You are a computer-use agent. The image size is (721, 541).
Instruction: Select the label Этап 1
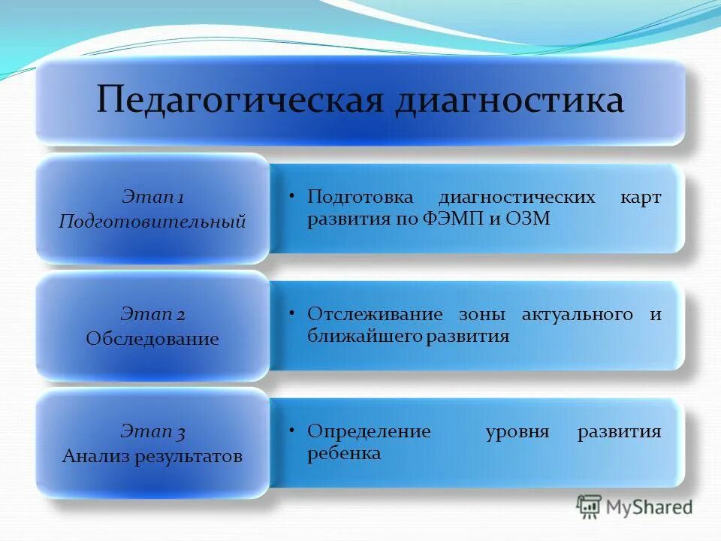pos(152,198)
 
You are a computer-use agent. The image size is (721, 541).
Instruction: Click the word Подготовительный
pos(152,222)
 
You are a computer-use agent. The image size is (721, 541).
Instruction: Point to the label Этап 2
pos(152,315)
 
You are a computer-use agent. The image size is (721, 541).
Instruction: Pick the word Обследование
pos(152,339)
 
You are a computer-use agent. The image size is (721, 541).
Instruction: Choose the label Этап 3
pos(152,432)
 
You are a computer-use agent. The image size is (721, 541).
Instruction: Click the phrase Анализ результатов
pos(152,456)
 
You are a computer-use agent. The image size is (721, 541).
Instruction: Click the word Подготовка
pos(360,198)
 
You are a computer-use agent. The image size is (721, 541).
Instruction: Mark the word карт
pos(641,198)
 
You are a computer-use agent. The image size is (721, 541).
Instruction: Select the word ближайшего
pos(364,336)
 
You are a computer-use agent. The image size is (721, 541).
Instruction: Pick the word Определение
pos(369,432)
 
